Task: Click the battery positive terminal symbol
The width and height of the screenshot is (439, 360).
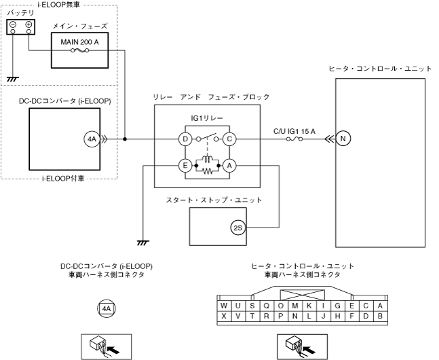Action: click(28, 24)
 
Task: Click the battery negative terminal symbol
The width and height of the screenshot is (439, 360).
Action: click(13, 24)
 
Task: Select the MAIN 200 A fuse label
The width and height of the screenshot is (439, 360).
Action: click(80, 42)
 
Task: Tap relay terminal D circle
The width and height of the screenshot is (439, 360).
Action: click(185, 139)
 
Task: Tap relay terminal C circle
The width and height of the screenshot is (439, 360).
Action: click(229, 139)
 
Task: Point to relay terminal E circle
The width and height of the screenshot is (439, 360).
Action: click(185, 166)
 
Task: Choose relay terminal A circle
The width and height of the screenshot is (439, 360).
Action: click(229, 166)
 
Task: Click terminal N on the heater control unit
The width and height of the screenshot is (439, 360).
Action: click(343, 139)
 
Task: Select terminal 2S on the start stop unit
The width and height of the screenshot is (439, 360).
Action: click(238, 228)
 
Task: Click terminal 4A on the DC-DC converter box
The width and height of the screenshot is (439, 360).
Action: click(92, 139)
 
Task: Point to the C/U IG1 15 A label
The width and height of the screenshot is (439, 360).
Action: click(294, 131)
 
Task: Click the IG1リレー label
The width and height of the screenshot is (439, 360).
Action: click(207, 118)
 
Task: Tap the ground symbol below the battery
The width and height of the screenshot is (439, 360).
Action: click(13, 79)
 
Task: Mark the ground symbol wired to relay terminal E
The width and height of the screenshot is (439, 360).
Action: click(143, 242)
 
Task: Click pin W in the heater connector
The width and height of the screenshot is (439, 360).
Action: click(224, 306)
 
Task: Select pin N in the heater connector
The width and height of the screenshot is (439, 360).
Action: click(294, 317)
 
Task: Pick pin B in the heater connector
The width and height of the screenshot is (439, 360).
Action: click(380, 317)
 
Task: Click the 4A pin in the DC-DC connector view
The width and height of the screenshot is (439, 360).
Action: click(107, 309)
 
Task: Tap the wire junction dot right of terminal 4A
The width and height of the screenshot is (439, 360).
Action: click(125, 139)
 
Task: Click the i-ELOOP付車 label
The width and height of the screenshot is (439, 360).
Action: click(63, 179)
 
